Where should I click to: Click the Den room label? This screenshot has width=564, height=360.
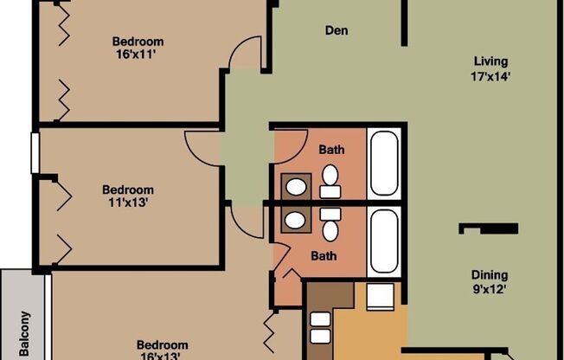click(336, 31)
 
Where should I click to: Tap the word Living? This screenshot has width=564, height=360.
click(490, 61)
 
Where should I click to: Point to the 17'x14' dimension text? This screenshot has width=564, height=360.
click(490, 75)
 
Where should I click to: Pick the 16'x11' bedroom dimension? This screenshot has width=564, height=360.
click(138, 55)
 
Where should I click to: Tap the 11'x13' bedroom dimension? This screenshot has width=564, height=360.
click(128, 204)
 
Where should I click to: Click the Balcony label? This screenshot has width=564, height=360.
click(24, 334)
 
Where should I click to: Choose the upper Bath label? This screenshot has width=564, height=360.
click(331, 150)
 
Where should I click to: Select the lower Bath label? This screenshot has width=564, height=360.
click(324, 255)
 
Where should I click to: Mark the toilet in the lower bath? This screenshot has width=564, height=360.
click(330, 228)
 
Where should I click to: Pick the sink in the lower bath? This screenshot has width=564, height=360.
click(296, 220)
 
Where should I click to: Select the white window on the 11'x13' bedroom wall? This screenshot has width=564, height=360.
click(35, 153)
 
